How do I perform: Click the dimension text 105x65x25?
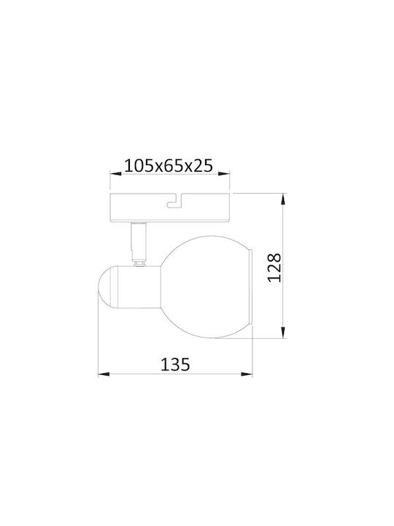click(x=169, y=165)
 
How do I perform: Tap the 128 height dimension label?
click(x=275, y=267)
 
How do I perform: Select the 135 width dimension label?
click(x=175, y=364)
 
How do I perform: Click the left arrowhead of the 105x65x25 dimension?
click(x=116, y=173)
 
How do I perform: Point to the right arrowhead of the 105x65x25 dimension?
click(x=224, y=173)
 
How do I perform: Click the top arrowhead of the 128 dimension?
click(x=283, y=199)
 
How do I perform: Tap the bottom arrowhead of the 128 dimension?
click(x=283, y=332)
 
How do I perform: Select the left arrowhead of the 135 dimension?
click(x=104, y=374)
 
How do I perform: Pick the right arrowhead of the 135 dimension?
click(x=247, y=374)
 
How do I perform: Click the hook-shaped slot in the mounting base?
click(x=174, y=202)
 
